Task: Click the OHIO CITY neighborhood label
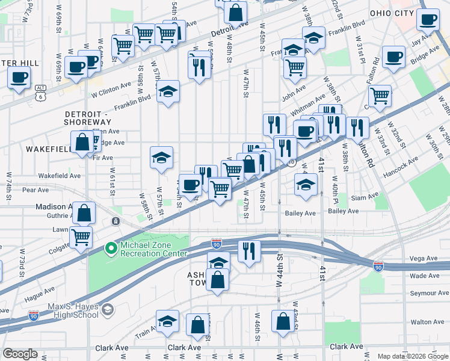point(392,13)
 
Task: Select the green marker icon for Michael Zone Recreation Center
point(110,248)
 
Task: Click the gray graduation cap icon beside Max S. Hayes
point(108,310)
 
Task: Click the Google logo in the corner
point(20,354)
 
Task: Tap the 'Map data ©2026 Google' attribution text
point(413,356)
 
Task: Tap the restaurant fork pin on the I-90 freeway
point(249,250)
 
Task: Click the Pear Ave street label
point(35,190)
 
